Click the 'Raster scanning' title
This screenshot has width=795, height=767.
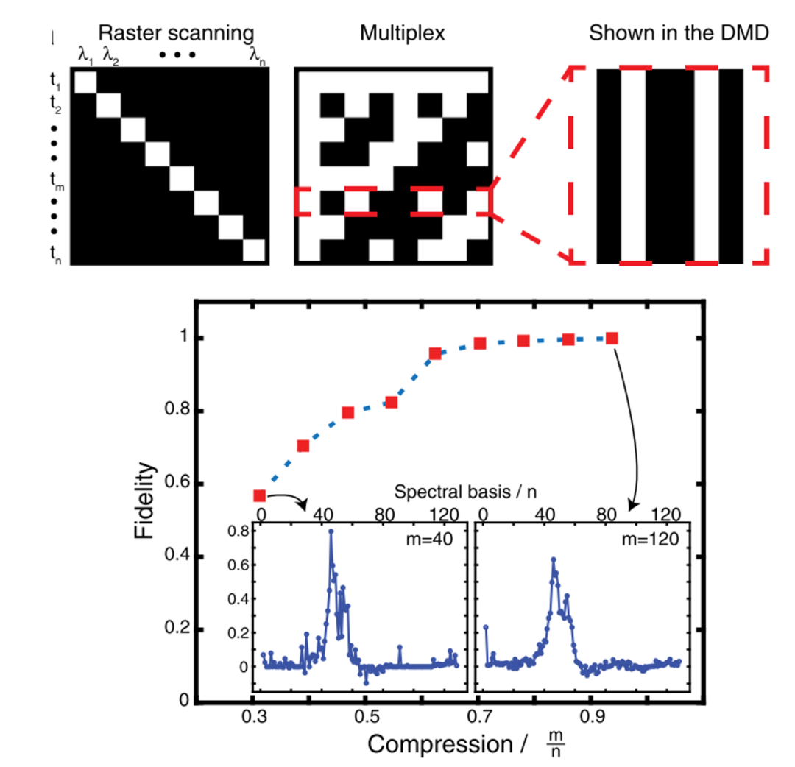(176, 33)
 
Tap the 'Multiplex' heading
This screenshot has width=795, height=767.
(393, 33)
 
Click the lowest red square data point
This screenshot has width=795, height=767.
(259, 496)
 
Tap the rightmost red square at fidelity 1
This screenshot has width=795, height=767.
(612, 338)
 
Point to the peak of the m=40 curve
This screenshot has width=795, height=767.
(331, 531)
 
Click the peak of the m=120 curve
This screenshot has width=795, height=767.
(553, 559)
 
